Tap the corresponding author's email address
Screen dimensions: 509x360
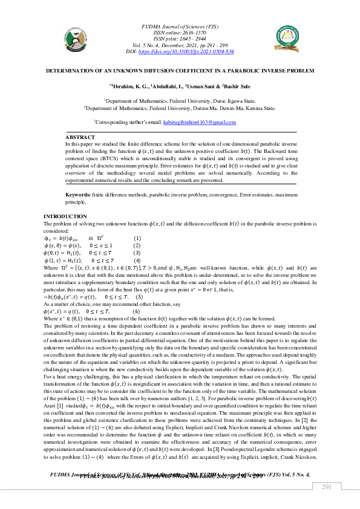tap(200, 123)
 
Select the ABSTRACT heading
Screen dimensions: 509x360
tap(80, 138)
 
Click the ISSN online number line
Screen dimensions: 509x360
tap(180, 33)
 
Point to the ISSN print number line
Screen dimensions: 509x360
tap(180, 39)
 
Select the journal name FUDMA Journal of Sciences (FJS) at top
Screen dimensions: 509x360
tap(180, 27)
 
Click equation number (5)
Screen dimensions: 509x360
tap(139, 297)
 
